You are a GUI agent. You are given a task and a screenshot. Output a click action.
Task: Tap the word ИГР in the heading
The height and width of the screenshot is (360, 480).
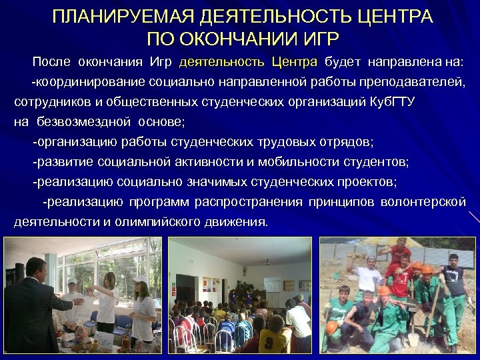315,37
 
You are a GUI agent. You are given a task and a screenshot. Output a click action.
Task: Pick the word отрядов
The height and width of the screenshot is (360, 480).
341,142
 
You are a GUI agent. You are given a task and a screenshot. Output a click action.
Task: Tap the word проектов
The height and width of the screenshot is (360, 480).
366,182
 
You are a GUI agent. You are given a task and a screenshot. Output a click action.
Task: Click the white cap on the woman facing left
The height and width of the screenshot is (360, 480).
139,279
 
